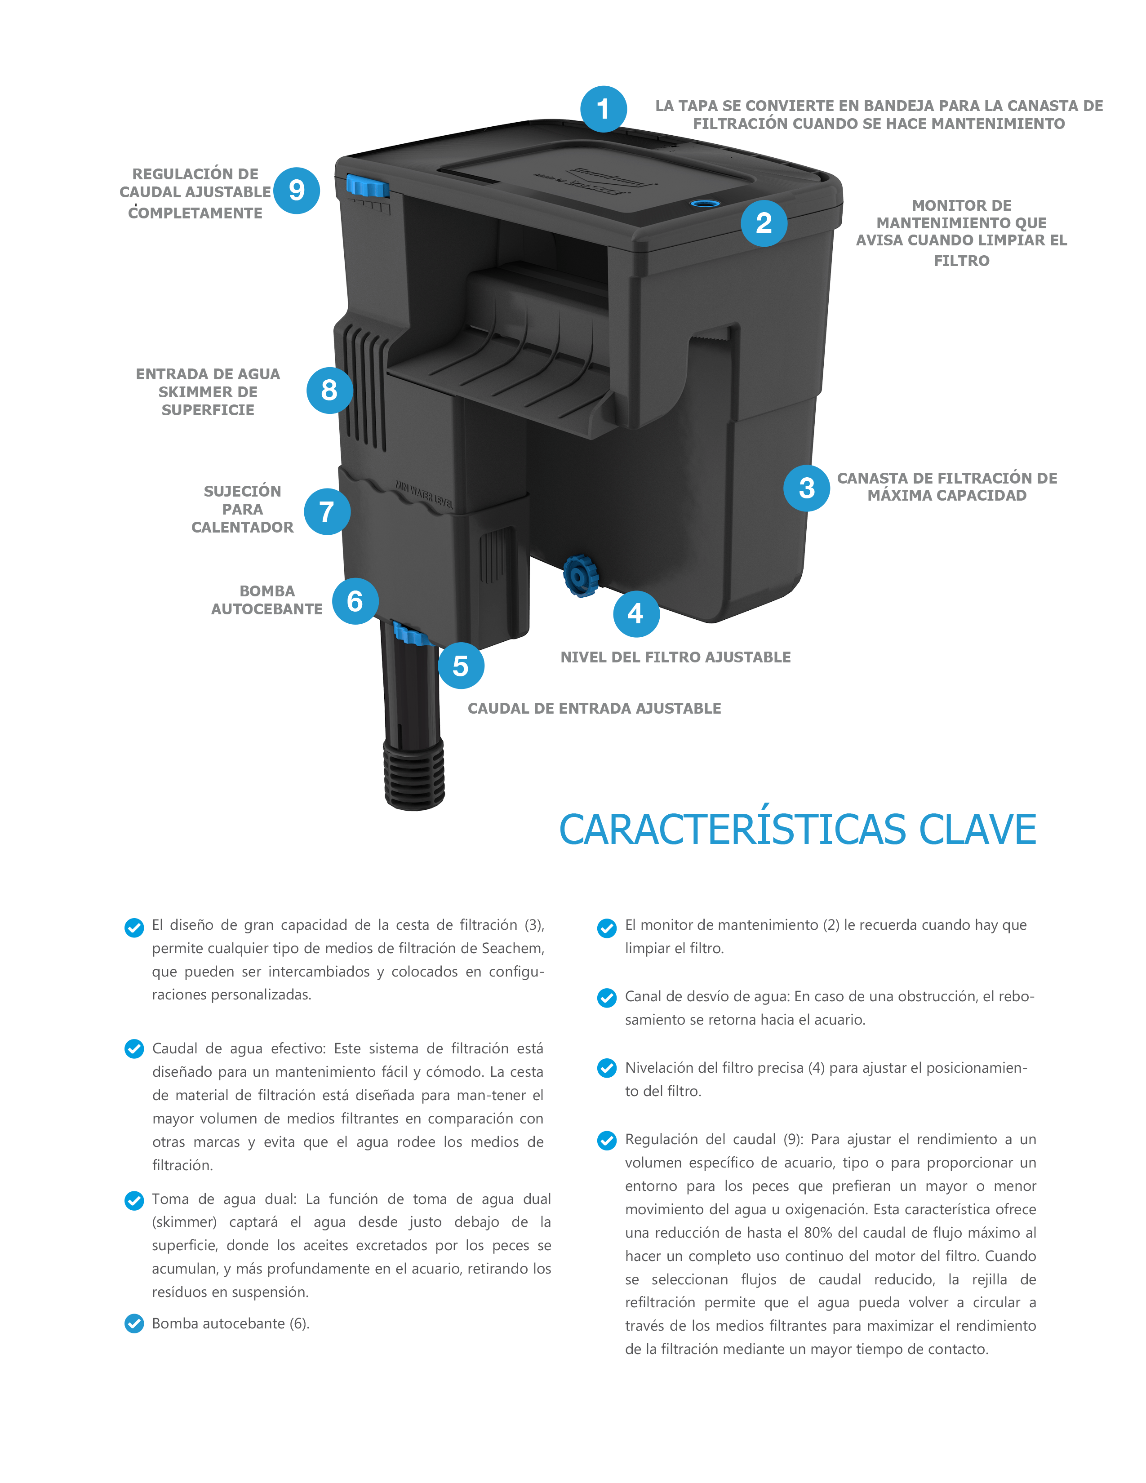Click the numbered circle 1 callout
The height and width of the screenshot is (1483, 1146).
click(603, 109)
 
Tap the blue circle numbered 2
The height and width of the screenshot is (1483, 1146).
click(764, 223)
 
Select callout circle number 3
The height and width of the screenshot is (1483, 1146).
click(807, 488)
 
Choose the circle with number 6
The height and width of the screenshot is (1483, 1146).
click(355, 601)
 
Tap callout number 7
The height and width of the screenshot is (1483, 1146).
click(327, 511)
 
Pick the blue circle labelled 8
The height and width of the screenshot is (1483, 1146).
click(329, 391)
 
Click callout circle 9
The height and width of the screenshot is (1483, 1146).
click(297, 190)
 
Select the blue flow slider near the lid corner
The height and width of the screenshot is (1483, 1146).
click(367, 185)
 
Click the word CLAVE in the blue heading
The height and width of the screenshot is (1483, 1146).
click(977, 829)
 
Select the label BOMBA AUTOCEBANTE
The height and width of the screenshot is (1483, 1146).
click(267, 600)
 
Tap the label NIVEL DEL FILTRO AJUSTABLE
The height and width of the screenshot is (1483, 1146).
click(675, 657)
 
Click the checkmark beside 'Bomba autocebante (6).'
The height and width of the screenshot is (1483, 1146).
click(134, 1323)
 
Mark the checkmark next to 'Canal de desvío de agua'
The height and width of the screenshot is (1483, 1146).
click(606, 998)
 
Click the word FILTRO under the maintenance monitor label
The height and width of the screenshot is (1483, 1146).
click(961, 261)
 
